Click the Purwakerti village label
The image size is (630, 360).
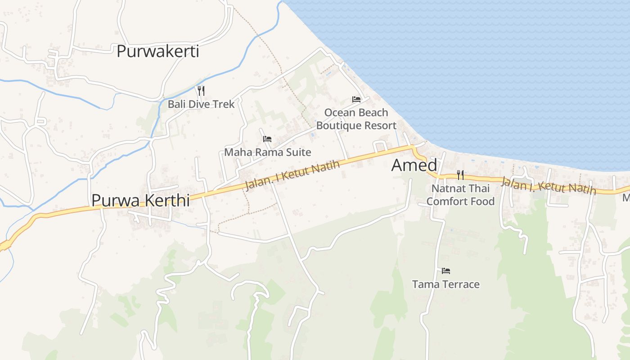point(157,51)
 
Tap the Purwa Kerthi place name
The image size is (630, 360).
point(140,200)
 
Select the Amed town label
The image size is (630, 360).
point(414,165)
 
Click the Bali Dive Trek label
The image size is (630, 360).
point(201,104)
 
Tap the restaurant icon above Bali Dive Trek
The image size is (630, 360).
point(201,91)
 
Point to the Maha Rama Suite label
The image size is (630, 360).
point(267,152)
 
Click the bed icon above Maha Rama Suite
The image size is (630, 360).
point(267,139)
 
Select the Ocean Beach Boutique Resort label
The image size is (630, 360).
point(356,119)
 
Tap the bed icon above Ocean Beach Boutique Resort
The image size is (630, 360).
point(356,99)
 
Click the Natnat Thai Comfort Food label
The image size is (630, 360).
point(460,194)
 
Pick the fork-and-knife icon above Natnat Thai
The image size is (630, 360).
point(460,175)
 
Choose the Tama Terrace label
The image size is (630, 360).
point(445,284)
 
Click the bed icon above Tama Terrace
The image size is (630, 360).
point(446,270)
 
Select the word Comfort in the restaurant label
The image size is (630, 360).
point(446,201)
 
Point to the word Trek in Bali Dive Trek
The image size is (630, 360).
point(224,104)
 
